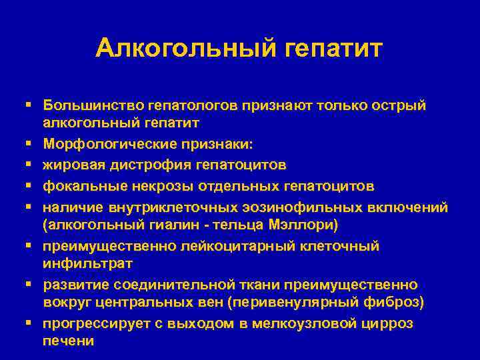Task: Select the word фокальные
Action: point(80,185)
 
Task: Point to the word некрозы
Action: point(151,185)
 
